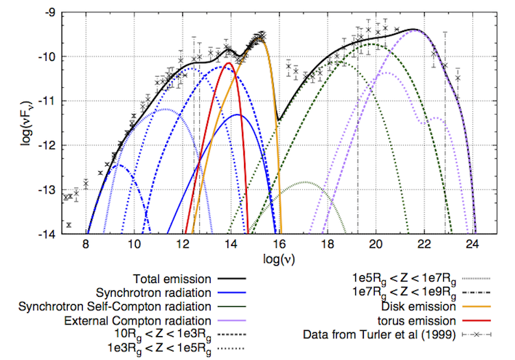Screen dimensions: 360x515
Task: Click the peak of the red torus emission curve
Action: (x=230, y=63)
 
